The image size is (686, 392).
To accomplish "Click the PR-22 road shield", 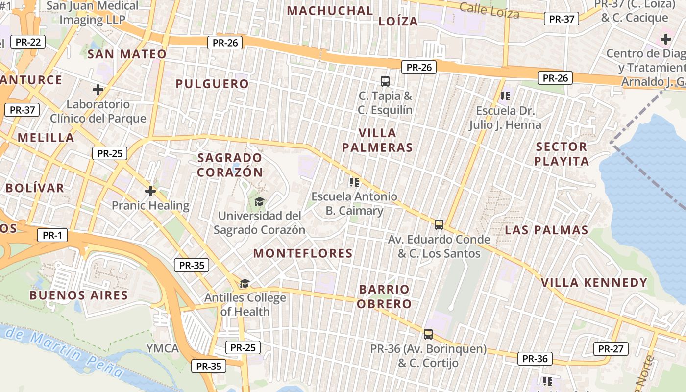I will pyautogui.click(x=28, y=42).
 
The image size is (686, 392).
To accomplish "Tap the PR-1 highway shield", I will pyautogui.click(x=52, y=236).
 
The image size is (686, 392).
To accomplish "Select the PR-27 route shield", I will pyautogui.click(x=611, y=349).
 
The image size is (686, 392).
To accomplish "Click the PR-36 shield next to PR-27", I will pyautogui.click(x=535, y=359).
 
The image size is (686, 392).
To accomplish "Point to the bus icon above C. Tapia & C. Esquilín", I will pyautogui.click(x=385, y=81).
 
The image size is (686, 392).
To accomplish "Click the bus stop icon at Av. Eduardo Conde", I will pyautogui.click(x=439, y=225).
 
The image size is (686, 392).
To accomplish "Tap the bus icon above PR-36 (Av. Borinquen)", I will pyautogui.click(x=428, y=334).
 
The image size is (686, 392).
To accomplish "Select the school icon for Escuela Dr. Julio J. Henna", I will pyautogui.click(x=505, y=96).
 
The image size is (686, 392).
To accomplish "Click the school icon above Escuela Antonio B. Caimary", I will pyautogui.click(x=354, y=182).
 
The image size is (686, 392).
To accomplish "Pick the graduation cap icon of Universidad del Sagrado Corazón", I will pyautogui.click(x=259, y=201).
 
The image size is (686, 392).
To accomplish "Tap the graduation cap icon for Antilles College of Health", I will pyautogui.click(x=245, y=283).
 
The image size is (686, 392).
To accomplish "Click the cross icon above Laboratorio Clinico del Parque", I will pyautogui.click(x=98, y=90).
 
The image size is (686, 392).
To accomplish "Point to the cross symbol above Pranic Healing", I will pyautogui.click(x=150, y=191).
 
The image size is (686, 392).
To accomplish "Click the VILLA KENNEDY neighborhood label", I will pyautogui.click(x=594, y=283).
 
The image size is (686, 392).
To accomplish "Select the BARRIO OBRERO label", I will pyautogui.click(x=384, y=296).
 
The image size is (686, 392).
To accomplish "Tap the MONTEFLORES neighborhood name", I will pyautogui.click(x=303, y=253).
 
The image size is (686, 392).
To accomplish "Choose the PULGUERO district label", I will pyautogui.click(x=212, y=84).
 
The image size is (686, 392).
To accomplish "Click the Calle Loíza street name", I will pyautogui.click(x=489, y=10).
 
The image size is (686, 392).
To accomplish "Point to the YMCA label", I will pyautogui.click(x=163, y=348).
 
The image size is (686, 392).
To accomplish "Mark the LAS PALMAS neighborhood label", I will pyautogui.click(x=546, y=230).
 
